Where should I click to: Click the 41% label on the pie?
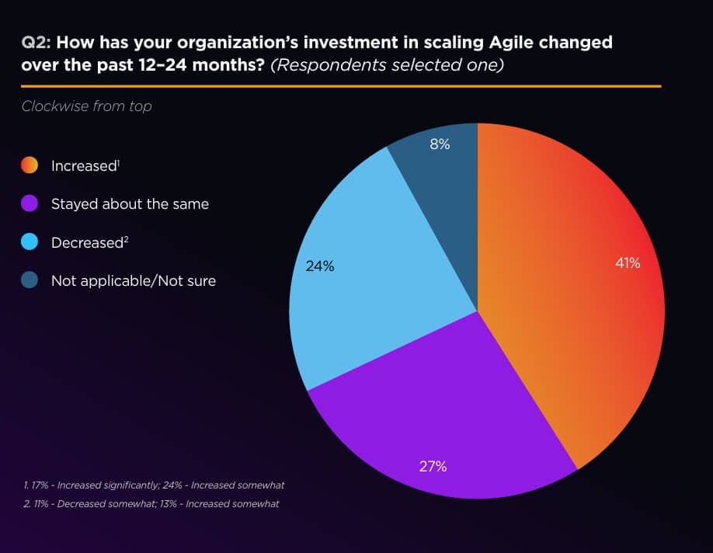click(x=628, y=263)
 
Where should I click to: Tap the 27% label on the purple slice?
click(x=433, y=467)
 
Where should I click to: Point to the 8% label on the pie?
click(x=439, y=144)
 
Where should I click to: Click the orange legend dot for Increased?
click(x=30, y=165)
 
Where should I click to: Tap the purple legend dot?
click(x=30, y=204)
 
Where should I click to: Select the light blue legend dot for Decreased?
click(x=30, y=242)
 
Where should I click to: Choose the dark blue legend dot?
click(x=30, y=280)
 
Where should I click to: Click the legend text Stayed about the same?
click(x=130, y=204)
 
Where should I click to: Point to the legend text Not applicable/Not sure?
click(x=134, y=280)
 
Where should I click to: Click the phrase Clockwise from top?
click(x=86, y=106)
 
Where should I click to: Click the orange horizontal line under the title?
click(x=341, y=86)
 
